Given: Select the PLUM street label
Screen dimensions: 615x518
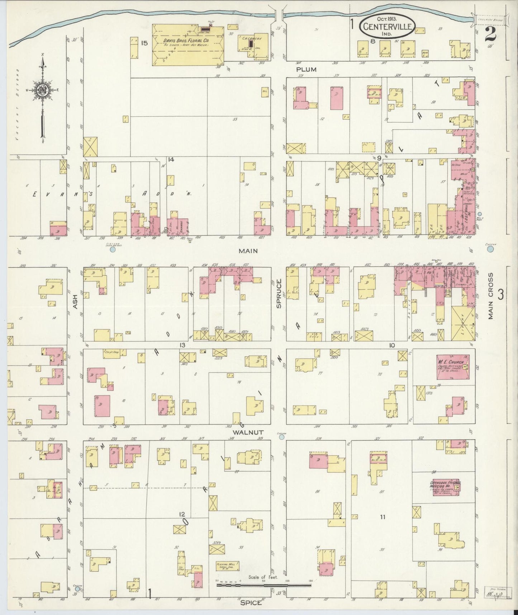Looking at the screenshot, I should point(306,69).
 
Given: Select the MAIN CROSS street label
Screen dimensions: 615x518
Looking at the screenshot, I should point(490,295).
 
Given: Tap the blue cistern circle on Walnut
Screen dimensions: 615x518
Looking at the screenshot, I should point(282,437).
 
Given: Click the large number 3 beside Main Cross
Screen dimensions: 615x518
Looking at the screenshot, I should point(500,294).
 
